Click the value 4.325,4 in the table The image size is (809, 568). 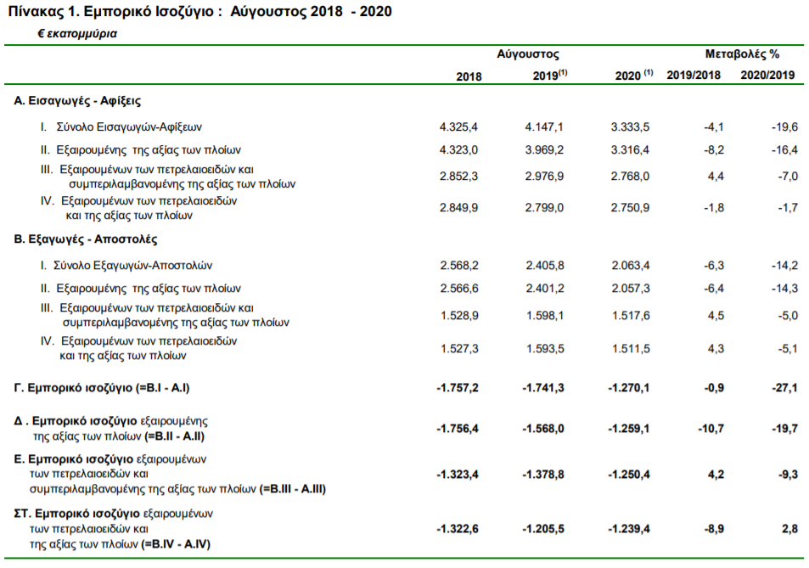click(458, 127)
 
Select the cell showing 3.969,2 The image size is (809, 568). click(544, 150)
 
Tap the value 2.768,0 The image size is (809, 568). click(630, 177)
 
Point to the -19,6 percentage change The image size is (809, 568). click(784, 127)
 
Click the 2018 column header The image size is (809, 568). click(469, 76)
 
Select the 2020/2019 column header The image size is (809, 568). click(767, 76)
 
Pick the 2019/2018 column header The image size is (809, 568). click(694, 76)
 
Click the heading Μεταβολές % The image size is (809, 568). click(742, 54)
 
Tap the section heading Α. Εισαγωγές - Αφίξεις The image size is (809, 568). click(77, 101)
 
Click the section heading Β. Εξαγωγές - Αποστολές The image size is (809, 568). click(86, 239)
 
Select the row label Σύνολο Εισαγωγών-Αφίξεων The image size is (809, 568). click(129, 127)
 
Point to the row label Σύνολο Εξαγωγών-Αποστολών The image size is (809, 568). click(133, 266)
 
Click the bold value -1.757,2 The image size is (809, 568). click(457, 388)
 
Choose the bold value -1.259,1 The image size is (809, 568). click(628, 429)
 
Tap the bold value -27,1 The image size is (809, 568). click(784, 388)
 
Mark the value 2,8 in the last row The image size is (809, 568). click(790, 529)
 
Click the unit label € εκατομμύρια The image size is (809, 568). click(77, 34)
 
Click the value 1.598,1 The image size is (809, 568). click(545, 316)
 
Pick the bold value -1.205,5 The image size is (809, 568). click(542, 529)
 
